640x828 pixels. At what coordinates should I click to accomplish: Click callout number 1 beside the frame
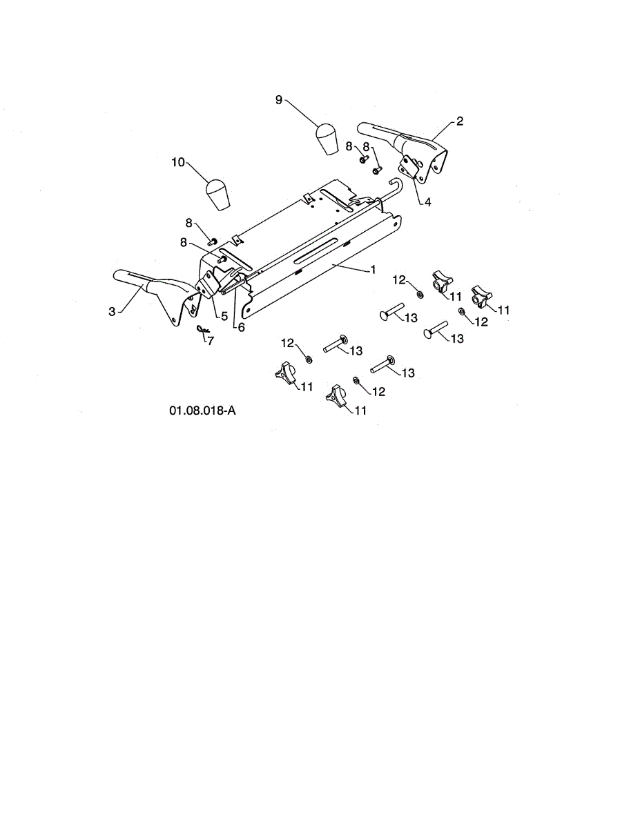(x=373, y=270)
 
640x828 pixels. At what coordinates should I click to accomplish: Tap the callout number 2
(x=460, y=121)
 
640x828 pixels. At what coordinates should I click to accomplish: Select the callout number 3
(x=112, y=311)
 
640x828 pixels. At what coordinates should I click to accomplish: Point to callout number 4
(x=427, y=202)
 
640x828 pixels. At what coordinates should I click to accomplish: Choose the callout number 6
(x=241, y=328)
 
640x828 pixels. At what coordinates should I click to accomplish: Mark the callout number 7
(x=211, y=341)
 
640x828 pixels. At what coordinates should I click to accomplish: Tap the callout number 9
(x=279, y=100)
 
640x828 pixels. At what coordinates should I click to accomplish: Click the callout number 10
(x=178, y=162)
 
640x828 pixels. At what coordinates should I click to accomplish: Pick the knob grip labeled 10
(x=219, y=194)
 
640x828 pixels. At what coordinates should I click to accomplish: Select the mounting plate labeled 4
(x=414, y=166)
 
